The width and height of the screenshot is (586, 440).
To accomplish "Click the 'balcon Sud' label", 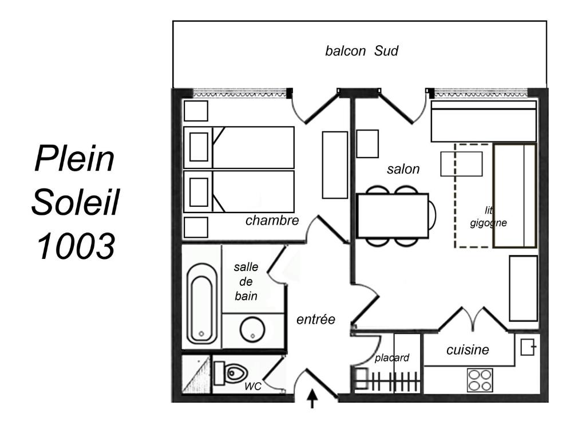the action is (362, 51).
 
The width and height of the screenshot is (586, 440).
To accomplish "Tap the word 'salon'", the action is (403, 169).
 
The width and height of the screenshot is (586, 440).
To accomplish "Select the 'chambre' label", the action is (272, 221).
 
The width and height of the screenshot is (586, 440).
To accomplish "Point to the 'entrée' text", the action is (316, 319).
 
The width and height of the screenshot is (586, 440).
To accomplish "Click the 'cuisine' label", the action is (468, 350).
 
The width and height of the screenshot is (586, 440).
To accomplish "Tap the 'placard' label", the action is (391, 357).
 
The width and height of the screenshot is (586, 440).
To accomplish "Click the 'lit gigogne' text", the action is (488, 217).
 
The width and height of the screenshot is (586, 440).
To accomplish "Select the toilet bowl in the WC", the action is (231, 373).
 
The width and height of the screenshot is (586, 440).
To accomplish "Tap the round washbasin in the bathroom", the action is (252, 329).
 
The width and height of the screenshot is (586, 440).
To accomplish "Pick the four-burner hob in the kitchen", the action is (480, 380).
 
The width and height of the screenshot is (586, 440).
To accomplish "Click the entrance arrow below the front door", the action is (312, 399).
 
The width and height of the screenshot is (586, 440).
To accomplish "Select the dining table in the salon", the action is (393, 216).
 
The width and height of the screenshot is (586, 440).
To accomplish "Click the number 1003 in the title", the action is (76, 246).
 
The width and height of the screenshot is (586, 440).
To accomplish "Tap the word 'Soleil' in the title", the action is (75, 202).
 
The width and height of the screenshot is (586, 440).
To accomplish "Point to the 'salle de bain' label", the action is (246, 281).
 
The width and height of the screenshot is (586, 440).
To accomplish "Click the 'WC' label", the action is (253, 386).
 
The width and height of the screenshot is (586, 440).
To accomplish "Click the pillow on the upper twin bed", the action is (199, 147).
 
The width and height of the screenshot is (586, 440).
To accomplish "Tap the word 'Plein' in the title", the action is (75, 159).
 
